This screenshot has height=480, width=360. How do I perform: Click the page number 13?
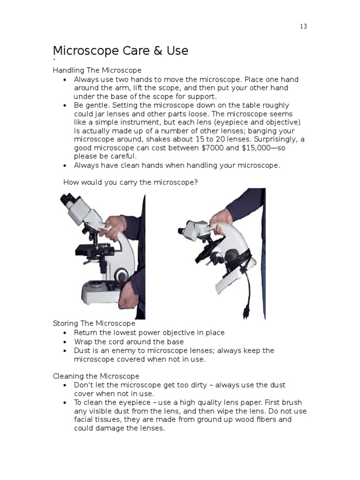pyautogui.click(x=303, y=27)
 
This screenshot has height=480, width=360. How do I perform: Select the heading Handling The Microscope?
pyautogui.click(x=97, y=70)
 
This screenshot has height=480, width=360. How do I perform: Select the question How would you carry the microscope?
pyautogui.click(x=130, y=182)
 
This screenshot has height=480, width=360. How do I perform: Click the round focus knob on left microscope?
pyautogui.click(x=123, y=274)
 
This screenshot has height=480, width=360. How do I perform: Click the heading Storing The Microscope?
pyautogui.click(x=94, y=323)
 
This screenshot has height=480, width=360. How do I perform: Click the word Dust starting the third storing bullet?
pyautogui.click(x=82, y=351)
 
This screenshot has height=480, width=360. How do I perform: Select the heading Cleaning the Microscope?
pyautogui.click(x=96, y=376)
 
